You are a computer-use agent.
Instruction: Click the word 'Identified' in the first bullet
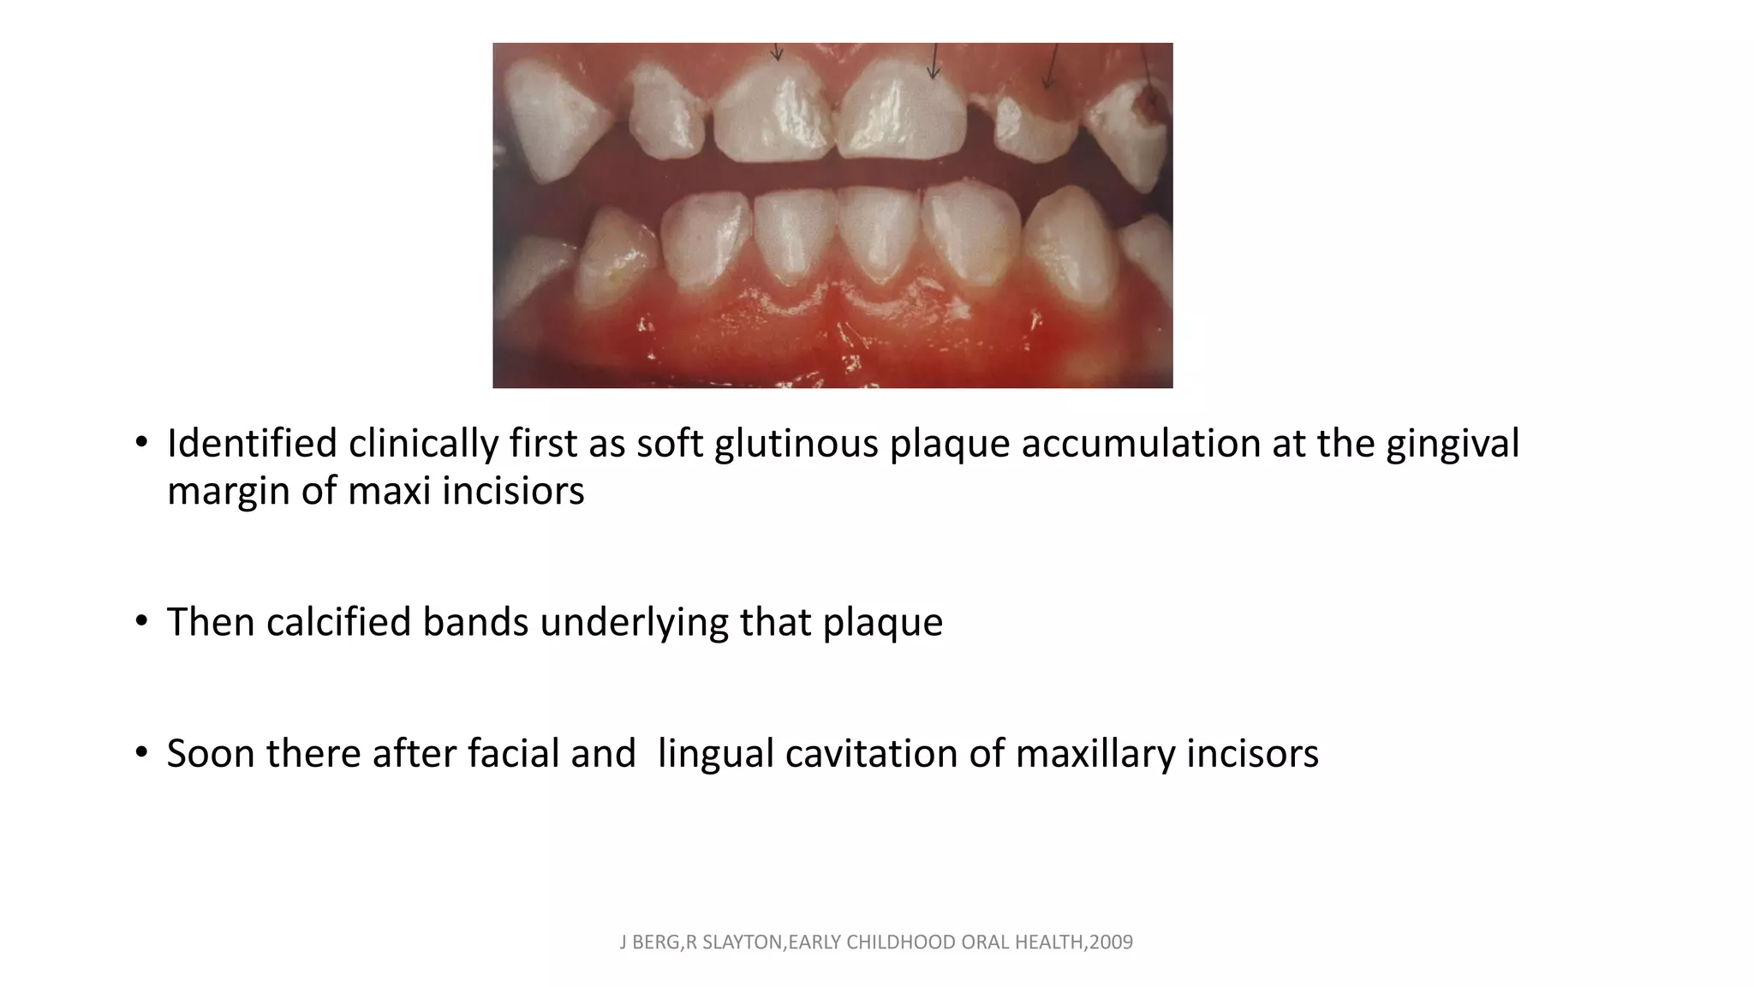(252, 444)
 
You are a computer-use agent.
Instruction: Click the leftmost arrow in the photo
(777, 53)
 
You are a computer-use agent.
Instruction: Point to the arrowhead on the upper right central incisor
(934, 74)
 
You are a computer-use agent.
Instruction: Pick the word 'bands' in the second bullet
(475, 622)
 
